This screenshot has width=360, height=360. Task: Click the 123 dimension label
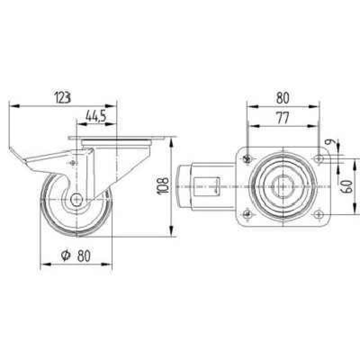62,97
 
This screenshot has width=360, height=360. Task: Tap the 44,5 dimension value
96,116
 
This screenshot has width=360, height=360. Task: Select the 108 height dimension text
163,186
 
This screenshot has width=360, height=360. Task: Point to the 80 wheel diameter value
84,256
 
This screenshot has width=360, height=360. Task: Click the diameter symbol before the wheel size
66,255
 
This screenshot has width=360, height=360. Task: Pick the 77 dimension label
283,117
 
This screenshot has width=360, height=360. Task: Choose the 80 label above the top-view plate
283,98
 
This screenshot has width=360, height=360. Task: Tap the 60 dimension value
346,187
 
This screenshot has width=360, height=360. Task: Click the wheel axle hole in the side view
76,200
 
